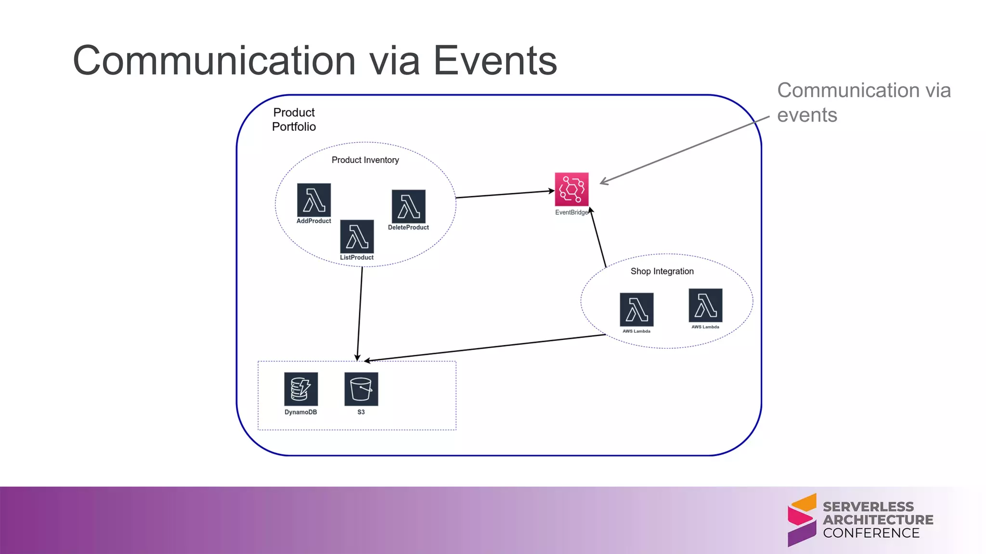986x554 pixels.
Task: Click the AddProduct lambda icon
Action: click(314, 200)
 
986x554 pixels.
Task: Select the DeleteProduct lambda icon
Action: click(409, 206)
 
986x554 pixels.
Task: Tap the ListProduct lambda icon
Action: click(357, 236)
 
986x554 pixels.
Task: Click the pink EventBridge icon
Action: click(571, 189)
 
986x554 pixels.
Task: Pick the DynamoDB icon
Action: click(301, 389)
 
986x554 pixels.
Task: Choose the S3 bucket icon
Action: click(361, 389)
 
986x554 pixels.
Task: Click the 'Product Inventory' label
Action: click(365, 160)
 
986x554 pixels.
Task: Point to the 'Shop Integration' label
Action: click(662, 271)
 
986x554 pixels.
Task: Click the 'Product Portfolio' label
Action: click(294, 119)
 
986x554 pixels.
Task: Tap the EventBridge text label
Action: click(571, 213)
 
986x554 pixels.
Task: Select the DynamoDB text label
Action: click(300, 412)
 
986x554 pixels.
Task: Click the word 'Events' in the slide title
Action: click(495, 61)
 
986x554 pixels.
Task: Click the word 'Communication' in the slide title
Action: click(214, 61)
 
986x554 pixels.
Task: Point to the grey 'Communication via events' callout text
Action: click(864, 102)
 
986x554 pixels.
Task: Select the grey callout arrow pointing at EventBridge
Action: click(684, 150)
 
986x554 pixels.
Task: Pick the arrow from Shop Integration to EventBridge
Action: click(598, 238)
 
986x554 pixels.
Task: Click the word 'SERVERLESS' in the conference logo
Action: click(868, 507)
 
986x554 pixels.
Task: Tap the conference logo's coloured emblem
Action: click(802, 520)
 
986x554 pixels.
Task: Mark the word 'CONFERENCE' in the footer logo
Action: click(871, 533)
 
